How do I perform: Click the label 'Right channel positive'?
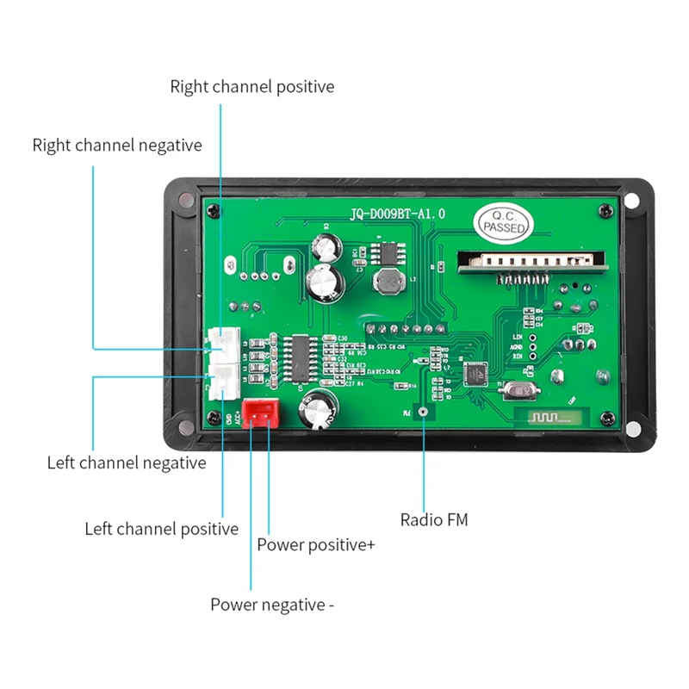click(251, 87)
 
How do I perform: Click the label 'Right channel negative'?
click(117, 145)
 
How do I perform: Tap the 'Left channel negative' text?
click(127, 463)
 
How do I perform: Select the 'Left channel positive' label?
click(161, 529)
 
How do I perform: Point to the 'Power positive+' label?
click(315, 545)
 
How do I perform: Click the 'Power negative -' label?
click(272, 605)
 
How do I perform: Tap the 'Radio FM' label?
click(434, 520)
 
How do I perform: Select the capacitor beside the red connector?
click(316, 411)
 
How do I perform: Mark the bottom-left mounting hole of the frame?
click(183, 423)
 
